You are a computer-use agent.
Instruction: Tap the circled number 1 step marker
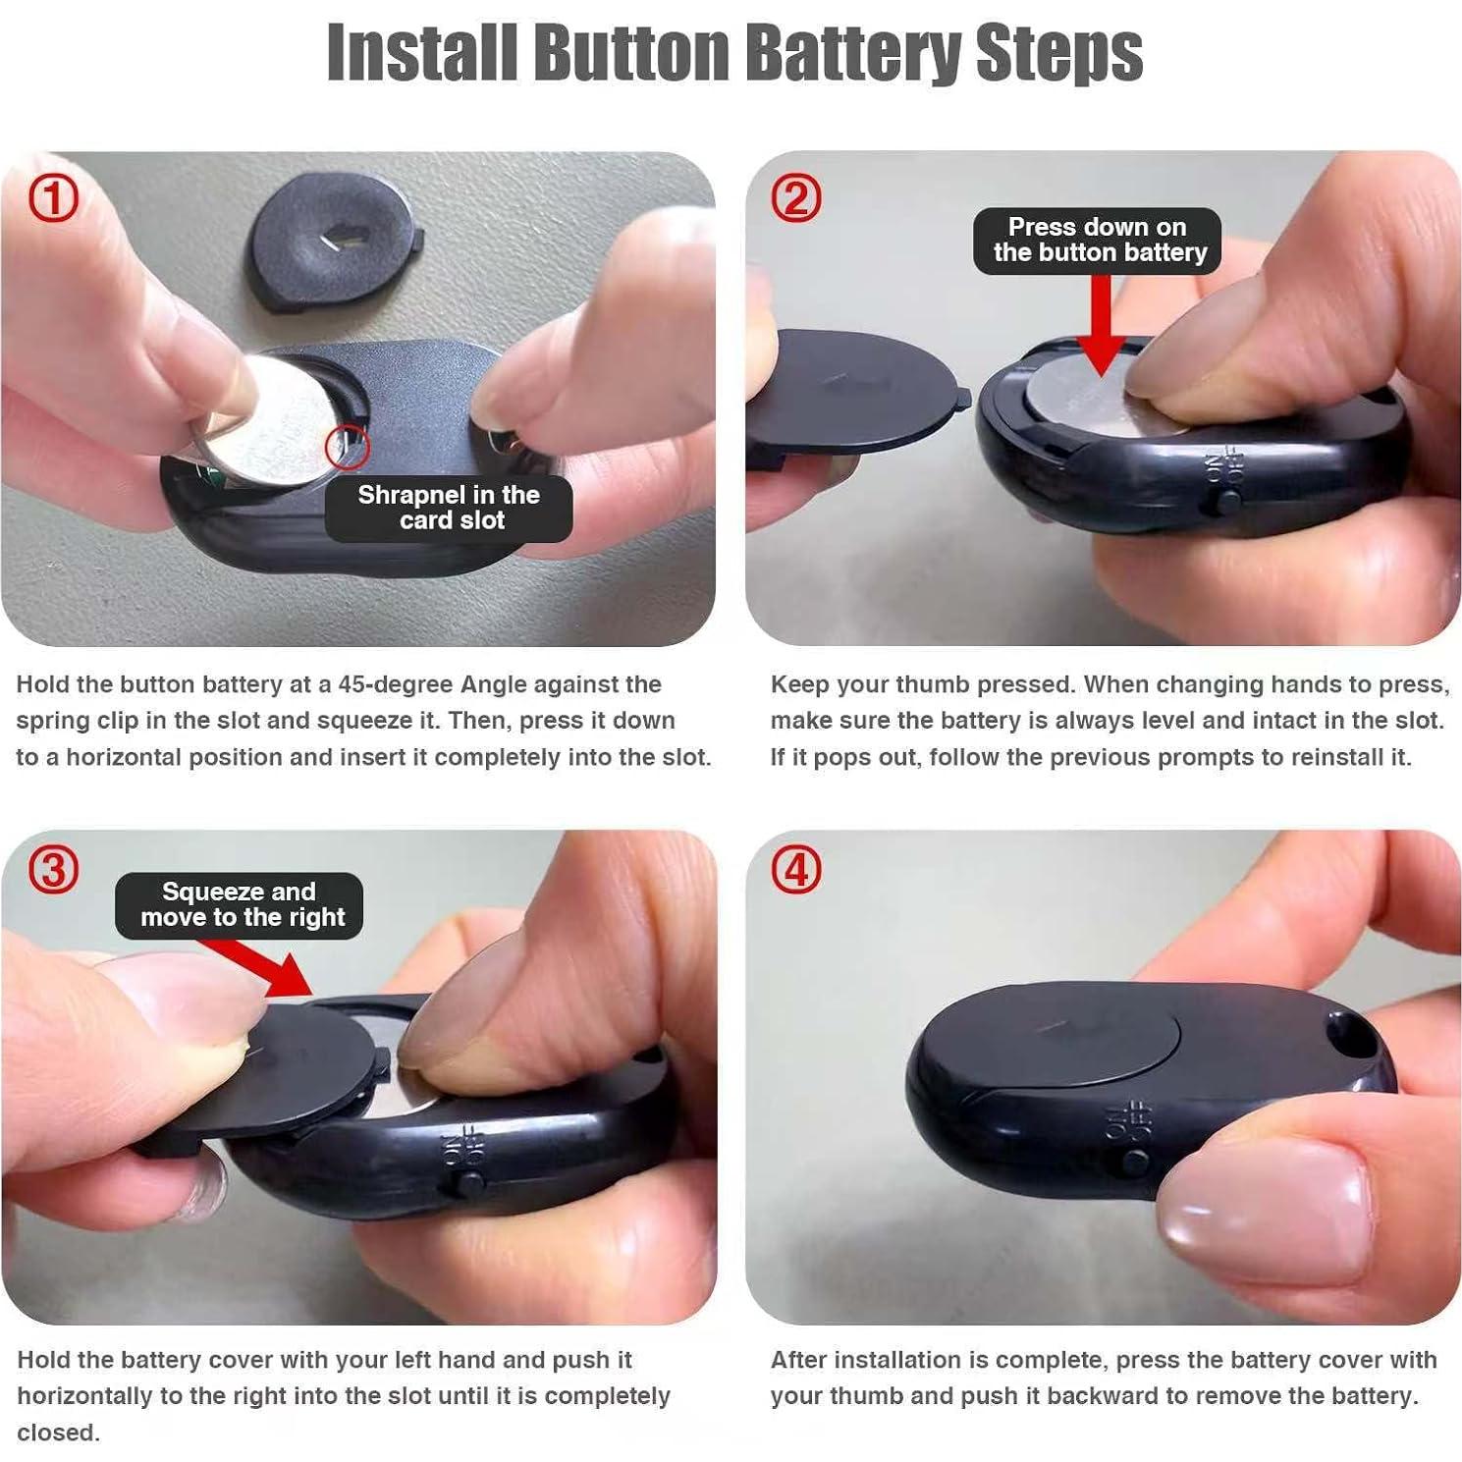[x=53, y=199]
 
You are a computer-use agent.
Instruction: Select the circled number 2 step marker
[x=796, y=199]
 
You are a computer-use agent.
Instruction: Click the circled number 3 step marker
[x=53, y=871]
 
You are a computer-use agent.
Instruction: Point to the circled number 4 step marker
[x=796, y=871]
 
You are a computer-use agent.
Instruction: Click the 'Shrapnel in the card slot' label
[x=449, y=508]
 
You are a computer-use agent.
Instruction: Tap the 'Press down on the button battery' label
[x=1098, y=241]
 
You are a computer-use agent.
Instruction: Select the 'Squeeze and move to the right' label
[x=240, y=904]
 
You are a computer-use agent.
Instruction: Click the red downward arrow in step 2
[x=1101, y=329]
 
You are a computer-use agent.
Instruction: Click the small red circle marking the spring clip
[x=347, y=447]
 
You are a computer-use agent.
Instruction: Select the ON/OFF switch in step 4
[x=1134, y=1162]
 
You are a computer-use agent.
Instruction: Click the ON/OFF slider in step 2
[x=1226, y=502]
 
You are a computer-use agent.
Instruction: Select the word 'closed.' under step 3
[x=58, y=1433]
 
